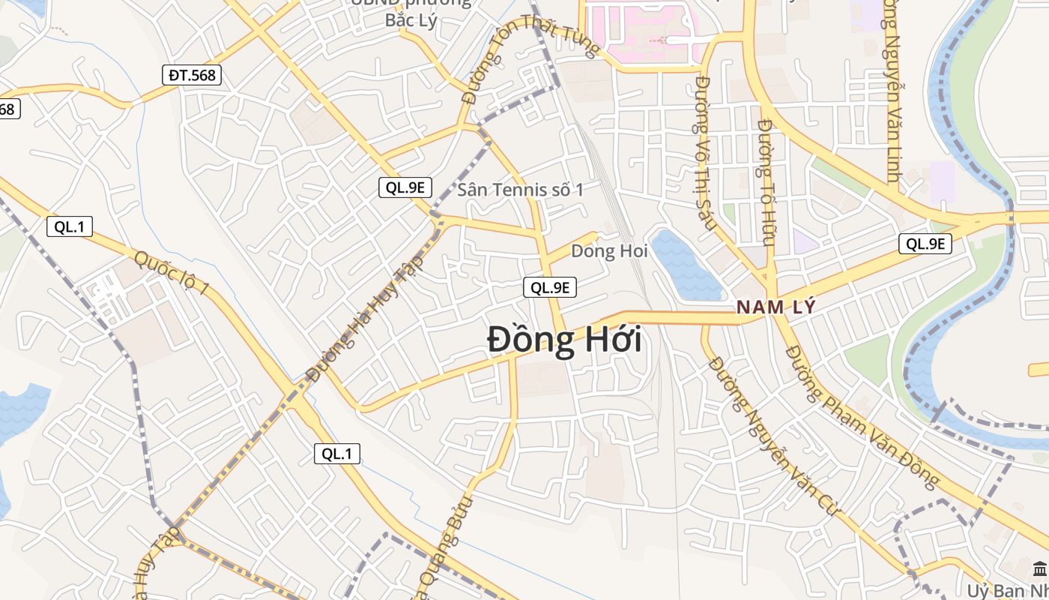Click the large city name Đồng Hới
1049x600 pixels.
pyautogui.click(x=564, y=340)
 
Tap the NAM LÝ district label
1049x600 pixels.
pyautogui.click(x=776, y=307)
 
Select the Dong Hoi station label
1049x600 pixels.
pyautogui.click(x=609, y=251)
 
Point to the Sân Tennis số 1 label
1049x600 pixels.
pyautogui.click(x=520, y=190)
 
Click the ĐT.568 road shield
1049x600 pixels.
pyautogui.click(x=191, y=75)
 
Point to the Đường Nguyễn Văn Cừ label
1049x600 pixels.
pyautogui.click(x=776, y=435)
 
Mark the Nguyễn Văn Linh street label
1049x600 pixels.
pyautogui.click(x=891, y=90)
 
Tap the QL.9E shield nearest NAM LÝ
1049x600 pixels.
pyautogui.click(x=925, y=243)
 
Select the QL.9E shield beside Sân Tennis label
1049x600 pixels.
pyautogui.click(x=405, y=188)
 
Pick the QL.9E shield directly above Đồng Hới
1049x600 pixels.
pyautogui.click(x=550, y=286)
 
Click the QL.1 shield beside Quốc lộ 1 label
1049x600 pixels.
pyautogui.click(x=70, y=226)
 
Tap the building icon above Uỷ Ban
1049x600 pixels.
pyautogui.click(x=1039, y=569)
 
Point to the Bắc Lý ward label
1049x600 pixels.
pyautogui.click(x=411, y=19)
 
